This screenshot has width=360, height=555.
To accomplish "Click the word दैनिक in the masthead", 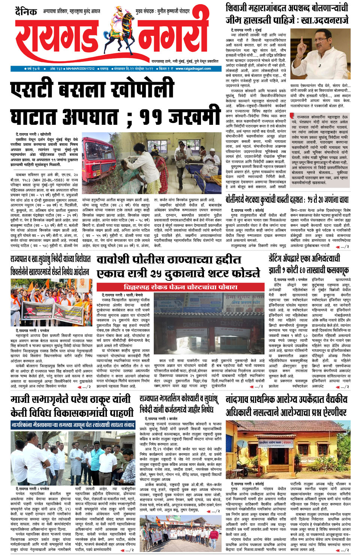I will (26, 12).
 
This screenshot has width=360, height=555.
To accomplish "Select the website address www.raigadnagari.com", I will (193, 69).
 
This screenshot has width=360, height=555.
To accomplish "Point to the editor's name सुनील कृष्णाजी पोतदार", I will (173, 12).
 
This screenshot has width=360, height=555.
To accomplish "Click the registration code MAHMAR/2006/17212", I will (81, 69).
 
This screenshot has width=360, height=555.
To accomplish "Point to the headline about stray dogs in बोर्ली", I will (287, 199).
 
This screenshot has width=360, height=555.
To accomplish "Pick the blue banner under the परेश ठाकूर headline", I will (72, 425).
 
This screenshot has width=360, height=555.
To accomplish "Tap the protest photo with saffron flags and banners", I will (51, 302).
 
